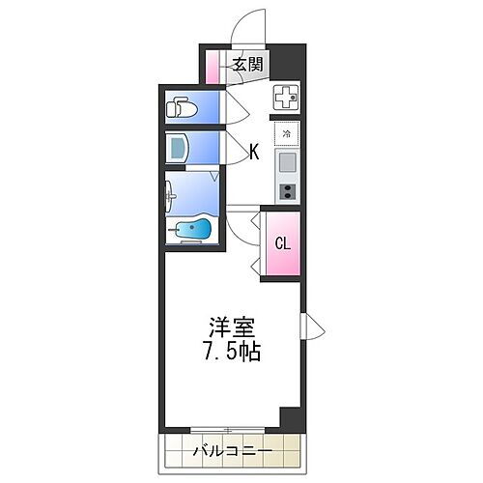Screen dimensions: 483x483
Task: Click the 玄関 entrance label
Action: (248, 65)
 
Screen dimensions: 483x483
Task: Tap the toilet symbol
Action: (182, 107)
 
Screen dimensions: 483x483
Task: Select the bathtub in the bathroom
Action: (192, 229)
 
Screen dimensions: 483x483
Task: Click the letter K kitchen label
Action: (254, 152)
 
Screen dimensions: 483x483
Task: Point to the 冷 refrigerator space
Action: (286, 133)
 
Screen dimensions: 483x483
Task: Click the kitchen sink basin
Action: (287, 162)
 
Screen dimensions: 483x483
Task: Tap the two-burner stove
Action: (287, 191)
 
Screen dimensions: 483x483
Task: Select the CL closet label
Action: (283, 243)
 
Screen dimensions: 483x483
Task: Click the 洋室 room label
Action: (232, 327)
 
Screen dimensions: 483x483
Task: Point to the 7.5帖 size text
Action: (231, 351)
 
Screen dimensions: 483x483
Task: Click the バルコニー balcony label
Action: (233, 451)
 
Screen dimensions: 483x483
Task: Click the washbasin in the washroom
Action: (170, 195)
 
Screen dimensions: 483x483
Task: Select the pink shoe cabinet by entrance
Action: (213, 67)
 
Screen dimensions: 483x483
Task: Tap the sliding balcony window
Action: (228, 430)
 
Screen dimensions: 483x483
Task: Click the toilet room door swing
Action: (238, 107)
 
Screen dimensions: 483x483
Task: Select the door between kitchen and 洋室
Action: (243, 228)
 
